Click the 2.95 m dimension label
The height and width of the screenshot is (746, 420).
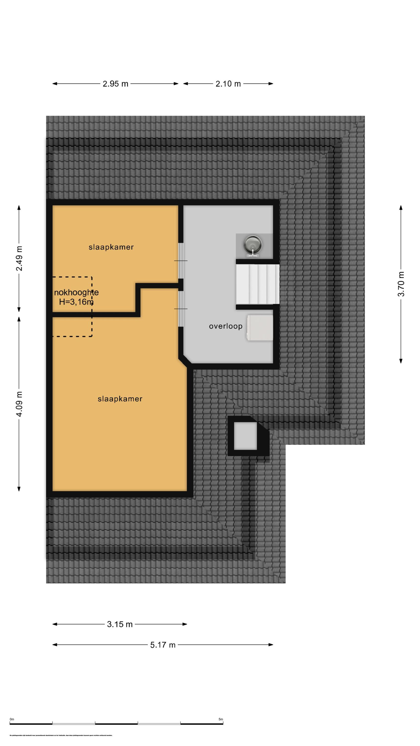click(x=115, y=84)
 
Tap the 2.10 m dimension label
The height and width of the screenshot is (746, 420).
click(x=228, y=84)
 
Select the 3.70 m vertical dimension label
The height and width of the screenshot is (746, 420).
click(x=401, y=284)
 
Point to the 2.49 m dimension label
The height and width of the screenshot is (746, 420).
click(x=19, y=258)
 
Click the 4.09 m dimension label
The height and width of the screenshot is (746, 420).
click(x=19, y=404)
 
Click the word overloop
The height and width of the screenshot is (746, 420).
click(x=225, y=326)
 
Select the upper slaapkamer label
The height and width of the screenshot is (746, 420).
click(x=111, y=247)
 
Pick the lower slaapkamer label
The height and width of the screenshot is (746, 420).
click(x=120, y=399)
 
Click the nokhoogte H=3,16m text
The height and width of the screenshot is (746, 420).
click(x=76, y=297)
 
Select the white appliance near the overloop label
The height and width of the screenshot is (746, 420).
click(x=260, y=327)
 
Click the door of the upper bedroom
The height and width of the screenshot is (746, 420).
click(x=181, y=261)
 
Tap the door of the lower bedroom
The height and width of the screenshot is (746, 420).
click(x=181, y=309)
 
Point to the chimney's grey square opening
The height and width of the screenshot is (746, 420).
click(x=245, y=436)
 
